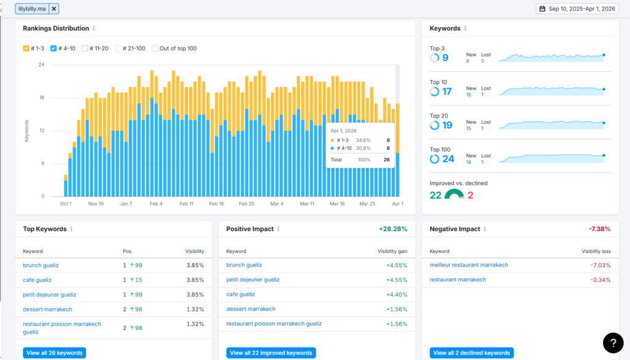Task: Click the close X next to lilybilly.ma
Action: click(x=54, y=9)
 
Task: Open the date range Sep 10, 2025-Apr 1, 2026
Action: click(x=577, y=9)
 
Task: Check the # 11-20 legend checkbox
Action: click(x=85, y=48)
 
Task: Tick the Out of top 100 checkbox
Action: click(x=154, y=48)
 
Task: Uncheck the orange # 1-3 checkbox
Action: click(x=26, y=48)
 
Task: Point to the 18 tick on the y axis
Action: click(x=42, y=98)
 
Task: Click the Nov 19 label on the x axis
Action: click(x=96, y=204)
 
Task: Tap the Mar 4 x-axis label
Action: click(x=277, y=204)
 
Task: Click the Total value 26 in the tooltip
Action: click(x=386, y=159)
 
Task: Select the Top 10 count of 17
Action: click(x=447, y=92)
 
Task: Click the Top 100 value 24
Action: click(x=449, y=159)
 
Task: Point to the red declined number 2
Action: click(x=471, y=195)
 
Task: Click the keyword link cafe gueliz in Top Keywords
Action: click(x=37, y=280)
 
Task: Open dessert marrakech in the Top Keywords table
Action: click(x=47, y=310)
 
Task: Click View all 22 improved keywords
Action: click(x=271, y=353)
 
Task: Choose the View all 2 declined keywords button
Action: click(x=472, y=353)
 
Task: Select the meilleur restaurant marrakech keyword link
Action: click(x=469, y=265)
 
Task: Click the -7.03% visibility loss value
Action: click(x=600, y=265)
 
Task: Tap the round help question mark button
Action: click(x=613, y=343)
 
